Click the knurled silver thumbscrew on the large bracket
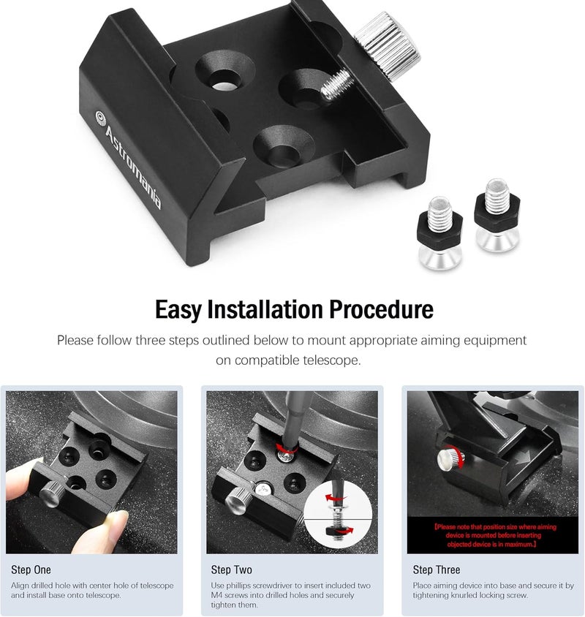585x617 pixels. coord(388,46)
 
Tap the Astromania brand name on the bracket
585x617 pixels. coord(133,167)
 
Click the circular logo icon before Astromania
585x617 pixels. coord(101,118)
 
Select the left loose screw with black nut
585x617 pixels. coord(439,232)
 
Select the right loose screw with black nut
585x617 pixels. coord(497,214)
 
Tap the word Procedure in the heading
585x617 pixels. coord(381,309)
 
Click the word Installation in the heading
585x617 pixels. coord(265,309)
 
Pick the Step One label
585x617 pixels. coord(31,569)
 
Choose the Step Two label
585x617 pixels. coord(232,569)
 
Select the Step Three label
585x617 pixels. coord(437,569)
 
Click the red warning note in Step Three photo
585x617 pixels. coord(495,536)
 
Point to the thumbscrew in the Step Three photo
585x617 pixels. coord(450,459)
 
